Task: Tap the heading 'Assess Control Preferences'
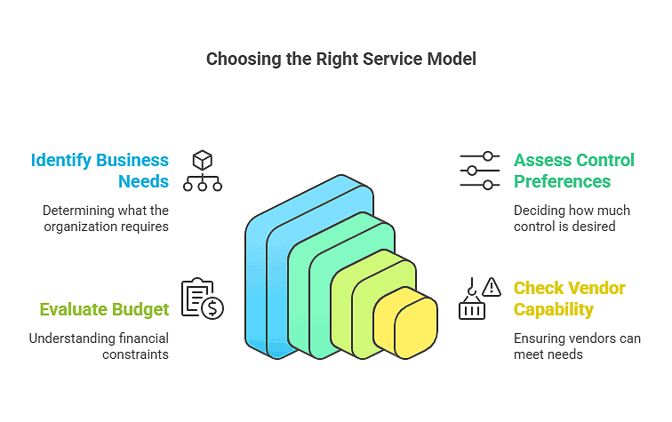pyautogui.click(x=573, y=171)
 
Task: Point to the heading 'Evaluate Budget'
pyautogui.click(x=104, y=309)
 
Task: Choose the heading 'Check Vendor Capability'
pyautogui.click(x=569, y=299)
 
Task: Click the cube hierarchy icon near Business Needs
pyautogui.click(x=203, y=171)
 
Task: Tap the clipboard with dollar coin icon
pyautogui.click(x=202, y=299)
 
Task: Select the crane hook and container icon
pyautogui.click(x=471, y=300)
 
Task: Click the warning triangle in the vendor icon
pyautogui.click(x=491, y=287)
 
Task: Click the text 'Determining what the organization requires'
pyautogui.click(x=105, y=219)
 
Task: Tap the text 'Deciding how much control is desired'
pyautogui.click(x=572, y=219)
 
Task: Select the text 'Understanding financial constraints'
pyautogui.click(x=99, y=346)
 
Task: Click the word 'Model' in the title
pyautogui.click(x=454, y=60)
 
